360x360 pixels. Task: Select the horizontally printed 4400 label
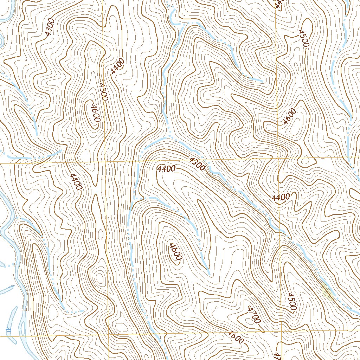[x=167, y=169]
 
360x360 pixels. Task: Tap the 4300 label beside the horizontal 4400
[x=197, y=164]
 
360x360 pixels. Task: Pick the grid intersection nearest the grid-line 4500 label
[x=104, y=163]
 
